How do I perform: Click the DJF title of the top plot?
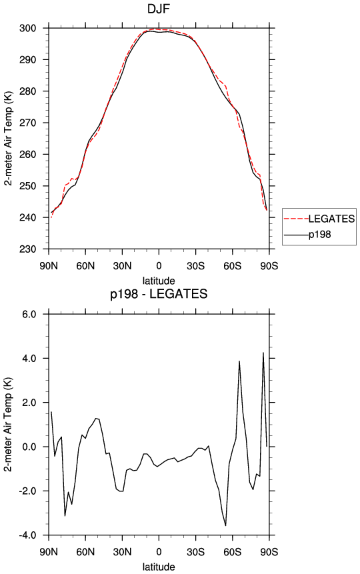click(x=159, y=9)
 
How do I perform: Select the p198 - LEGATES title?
click(x=159, y=293)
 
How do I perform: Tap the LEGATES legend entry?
click(x=331, y=219)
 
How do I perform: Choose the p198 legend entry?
click(x=320, y=234)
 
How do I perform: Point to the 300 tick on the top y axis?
click(x=28, y=28)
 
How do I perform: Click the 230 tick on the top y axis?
click(x=28, y=249)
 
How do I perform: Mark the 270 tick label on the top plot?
click(x=28, y=123)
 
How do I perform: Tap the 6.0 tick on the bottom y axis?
click(x=29, y=314)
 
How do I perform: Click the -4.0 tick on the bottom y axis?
click(x=27, y=535)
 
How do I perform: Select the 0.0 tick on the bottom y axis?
click(x=29, y=447)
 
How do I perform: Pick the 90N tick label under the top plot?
click(x=49, y=266)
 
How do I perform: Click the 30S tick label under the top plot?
click(x=195, y=266)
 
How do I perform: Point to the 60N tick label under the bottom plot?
click(x=85, y=552)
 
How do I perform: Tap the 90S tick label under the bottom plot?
click(x=269, y=552)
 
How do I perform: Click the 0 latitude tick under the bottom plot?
click(x=159, y=552)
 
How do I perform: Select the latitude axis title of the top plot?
click(x=159, y=281)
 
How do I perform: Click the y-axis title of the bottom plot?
click(x=8, y=425)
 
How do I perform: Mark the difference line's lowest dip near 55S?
click(x=225, y=526)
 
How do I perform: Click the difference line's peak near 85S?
click(x=263, y=353)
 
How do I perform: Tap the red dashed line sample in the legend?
click(x=296, y=219)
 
